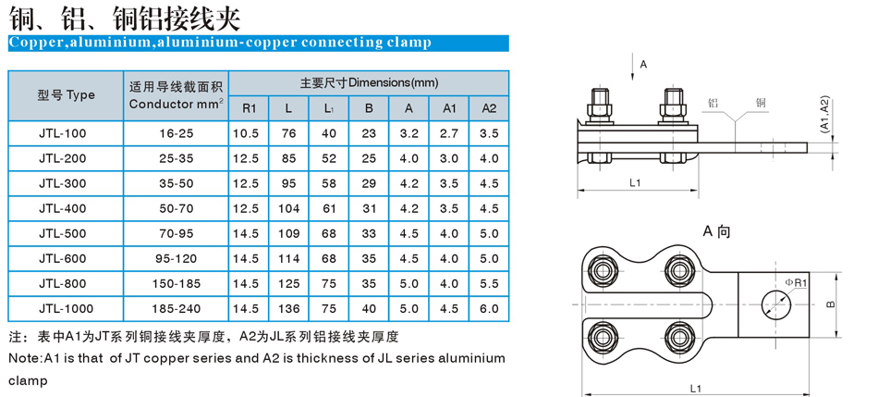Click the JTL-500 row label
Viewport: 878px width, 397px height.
[63, 233]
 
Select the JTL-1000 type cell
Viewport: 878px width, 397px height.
[66, 308]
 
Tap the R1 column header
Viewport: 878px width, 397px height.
[250, 108]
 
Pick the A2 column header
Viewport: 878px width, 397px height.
[489, 108]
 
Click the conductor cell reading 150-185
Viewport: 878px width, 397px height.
[177, 284]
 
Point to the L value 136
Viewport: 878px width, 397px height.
[289, 308]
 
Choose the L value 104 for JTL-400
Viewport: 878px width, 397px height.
[289, 208]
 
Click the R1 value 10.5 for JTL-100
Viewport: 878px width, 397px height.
[250, 133]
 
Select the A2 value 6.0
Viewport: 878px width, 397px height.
[489, 308]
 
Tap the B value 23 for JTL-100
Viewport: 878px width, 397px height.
[369, 133]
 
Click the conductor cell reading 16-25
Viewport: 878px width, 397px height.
[177, 133]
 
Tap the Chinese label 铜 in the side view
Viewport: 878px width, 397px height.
[761, 103]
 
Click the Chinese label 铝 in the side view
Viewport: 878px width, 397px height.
[713, 103]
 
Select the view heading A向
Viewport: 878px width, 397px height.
[716, 231]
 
